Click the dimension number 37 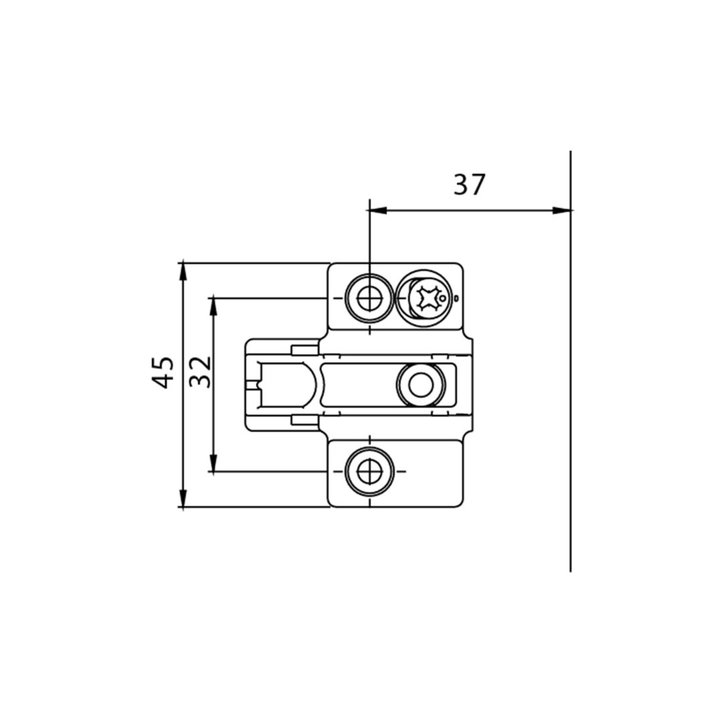pyautogui.click(x=469, y=185)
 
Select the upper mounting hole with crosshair pyautogui.click(x=370, y=298)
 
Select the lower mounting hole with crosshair pyautogui.click(x=370, y=471)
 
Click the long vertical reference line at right pyautogui.click(x=571, y=394)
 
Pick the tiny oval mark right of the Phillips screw pyautogui.click(x=456, y=298)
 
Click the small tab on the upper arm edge pyautogui.click(x=305, y=350)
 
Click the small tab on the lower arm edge pyautogui.click(x=305, y=420)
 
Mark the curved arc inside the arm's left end pyautogui.click(x=312, y=385)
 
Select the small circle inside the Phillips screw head pyautogui.click(x=443, y=299)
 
